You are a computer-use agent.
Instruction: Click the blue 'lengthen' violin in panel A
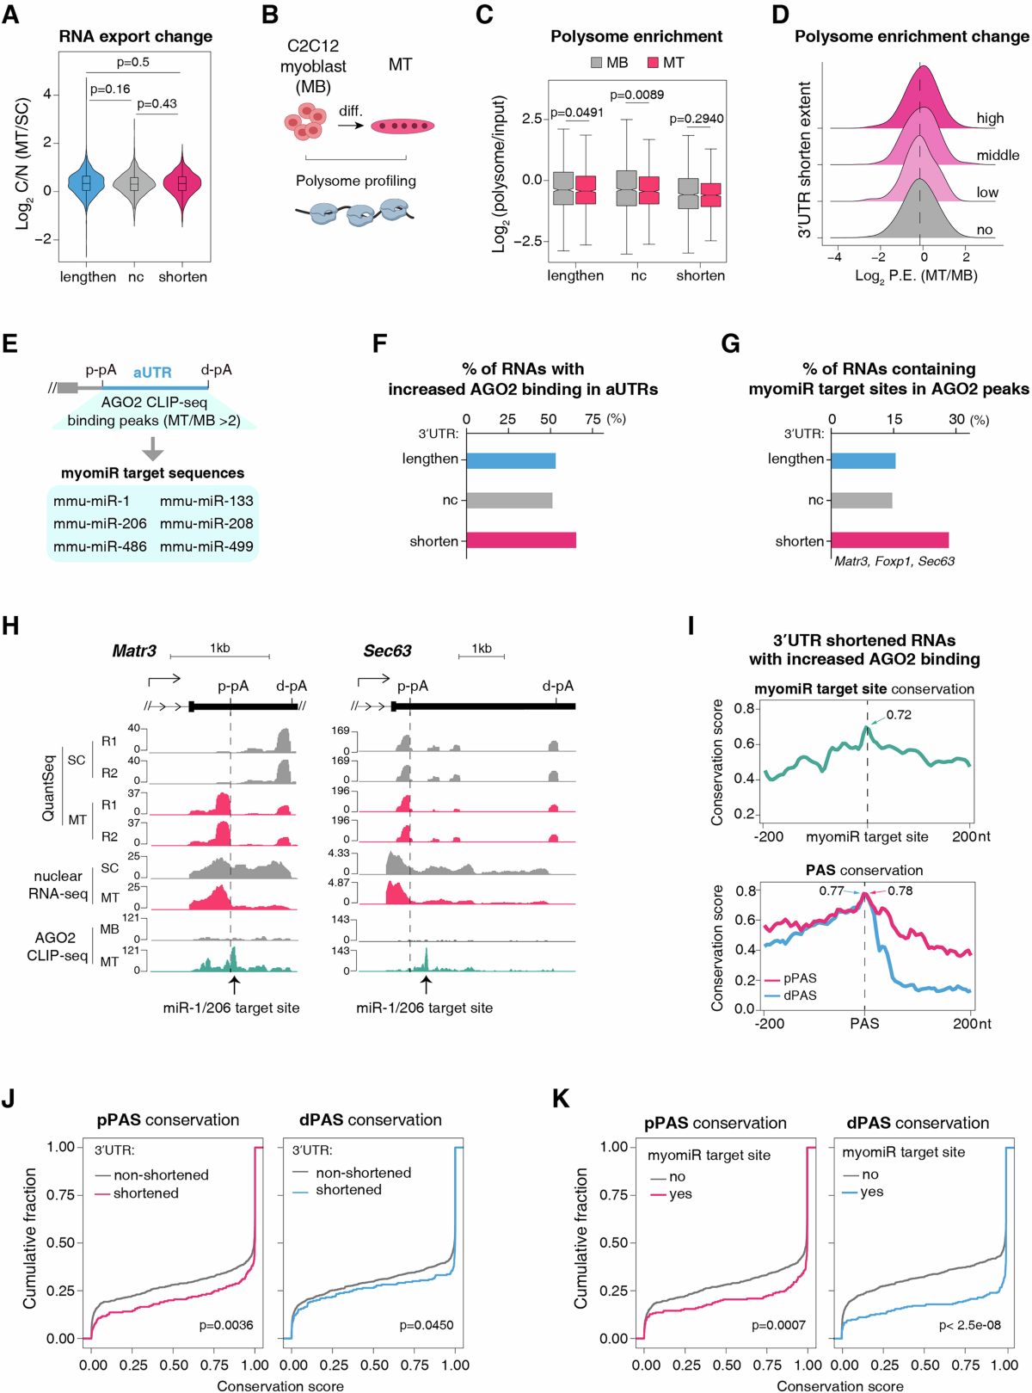point(86,183)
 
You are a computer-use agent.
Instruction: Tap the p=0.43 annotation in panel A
point(157,104)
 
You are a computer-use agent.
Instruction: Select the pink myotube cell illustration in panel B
point(402,126)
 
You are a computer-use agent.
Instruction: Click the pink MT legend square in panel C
point(653,63)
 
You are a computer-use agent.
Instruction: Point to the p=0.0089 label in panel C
point(636,95)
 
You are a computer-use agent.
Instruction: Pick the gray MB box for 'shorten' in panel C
point(688,194)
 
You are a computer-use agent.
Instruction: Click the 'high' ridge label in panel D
point(990,118)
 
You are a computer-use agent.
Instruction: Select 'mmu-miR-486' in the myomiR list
point(100,546)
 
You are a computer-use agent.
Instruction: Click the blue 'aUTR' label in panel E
point(152,373)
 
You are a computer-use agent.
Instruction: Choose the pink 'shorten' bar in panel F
point(521,540)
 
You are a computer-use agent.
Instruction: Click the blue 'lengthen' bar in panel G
point(863,459)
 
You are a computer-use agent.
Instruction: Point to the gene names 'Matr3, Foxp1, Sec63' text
point(894,561)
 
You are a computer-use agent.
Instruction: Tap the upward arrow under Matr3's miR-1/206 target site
point(234,984)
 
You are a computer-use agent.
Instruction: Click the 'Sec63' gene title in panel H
point(387,651)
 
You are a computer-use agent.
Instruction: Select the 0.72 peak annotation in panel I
point(899,715)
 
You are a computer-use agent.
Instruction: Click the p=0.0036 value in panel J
point(226,1325)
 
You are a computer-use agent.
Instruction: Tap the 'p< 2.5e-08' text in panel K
point(969,1325)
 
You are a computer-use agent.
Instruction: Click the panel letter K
point(561,1099)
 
